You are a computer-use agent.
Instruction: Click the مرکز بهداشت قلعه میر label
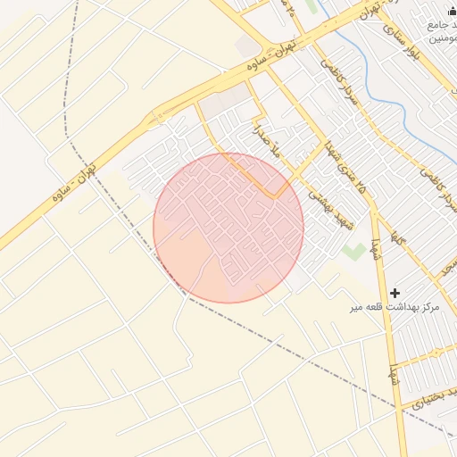pos(395,307)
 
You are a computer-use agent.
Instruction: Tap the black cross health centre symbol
pos(395,293)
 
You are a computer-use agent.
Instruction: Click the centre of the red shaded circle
pos(228,228)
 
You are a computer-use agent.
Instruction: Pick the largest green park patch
pos(354,250)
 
